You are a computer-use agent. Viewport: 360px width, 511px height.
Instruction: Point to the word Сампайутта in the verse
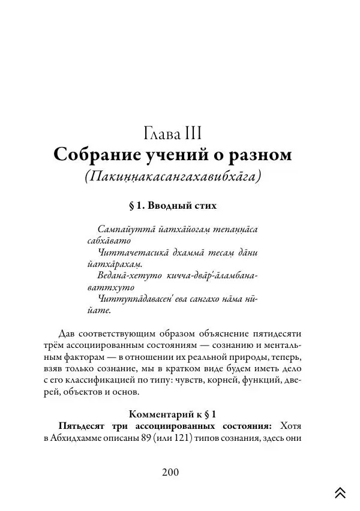(x=123, y=229)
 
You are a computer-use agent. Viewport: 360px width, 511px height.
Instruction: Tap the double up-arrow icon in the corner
(x=340, y=492)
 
